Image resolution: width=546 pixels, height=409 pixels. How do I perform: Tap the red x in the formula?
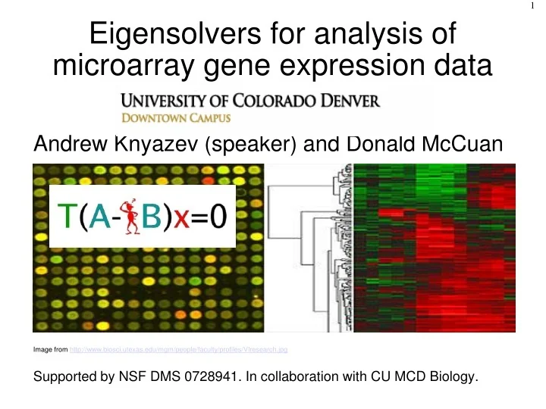point(182,219)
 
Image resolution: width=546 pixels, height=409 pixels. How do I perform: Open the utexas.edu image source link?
point(178,350)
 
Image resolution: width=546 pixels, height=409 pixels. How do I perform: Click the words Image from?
point(51,350)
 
